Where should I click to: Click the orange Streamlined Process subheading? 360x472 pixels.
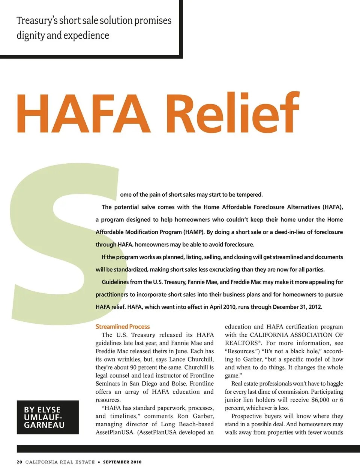click(x=122, y=327)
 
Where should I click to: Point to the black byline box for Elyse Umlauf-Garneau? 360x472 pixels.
click(x=48, y=417)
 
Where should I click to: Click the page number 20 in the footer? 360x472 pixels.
click(x=19, y=462)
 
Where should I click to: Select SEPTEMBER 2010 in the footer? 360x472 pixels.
click(x=122, y=462)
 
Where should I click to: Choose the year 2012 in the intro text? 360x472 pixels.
click(x=315, y=307)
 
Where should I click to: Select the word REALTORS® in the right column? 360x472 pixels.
click(x=243, y=343)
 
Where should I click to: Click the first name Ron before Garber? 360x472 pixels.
click(x=183, y=416)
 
